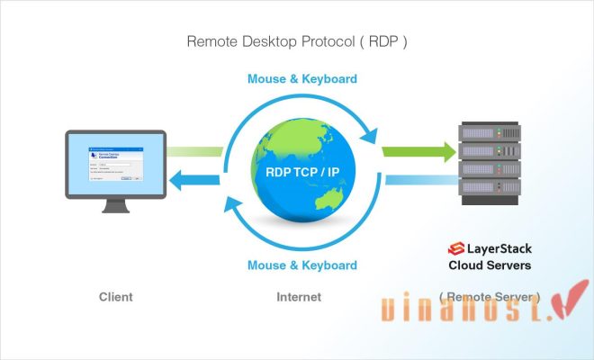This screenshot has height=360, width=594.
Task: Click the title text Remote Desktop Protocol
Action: coord(297,41)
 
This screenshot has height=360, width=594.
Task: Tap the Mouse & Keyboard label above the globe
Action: coord(302,79)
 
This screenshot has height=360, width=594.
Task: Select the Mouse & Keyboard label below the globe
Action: coord(302,265)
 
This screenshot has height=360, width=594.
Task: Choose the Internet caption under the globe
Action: coord(300,296)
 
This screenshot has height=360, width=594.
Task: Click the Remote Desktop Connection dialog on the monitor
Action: coord(114,164)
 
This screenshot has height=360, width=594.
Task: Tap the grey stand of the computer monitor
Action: coord(115,204)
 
